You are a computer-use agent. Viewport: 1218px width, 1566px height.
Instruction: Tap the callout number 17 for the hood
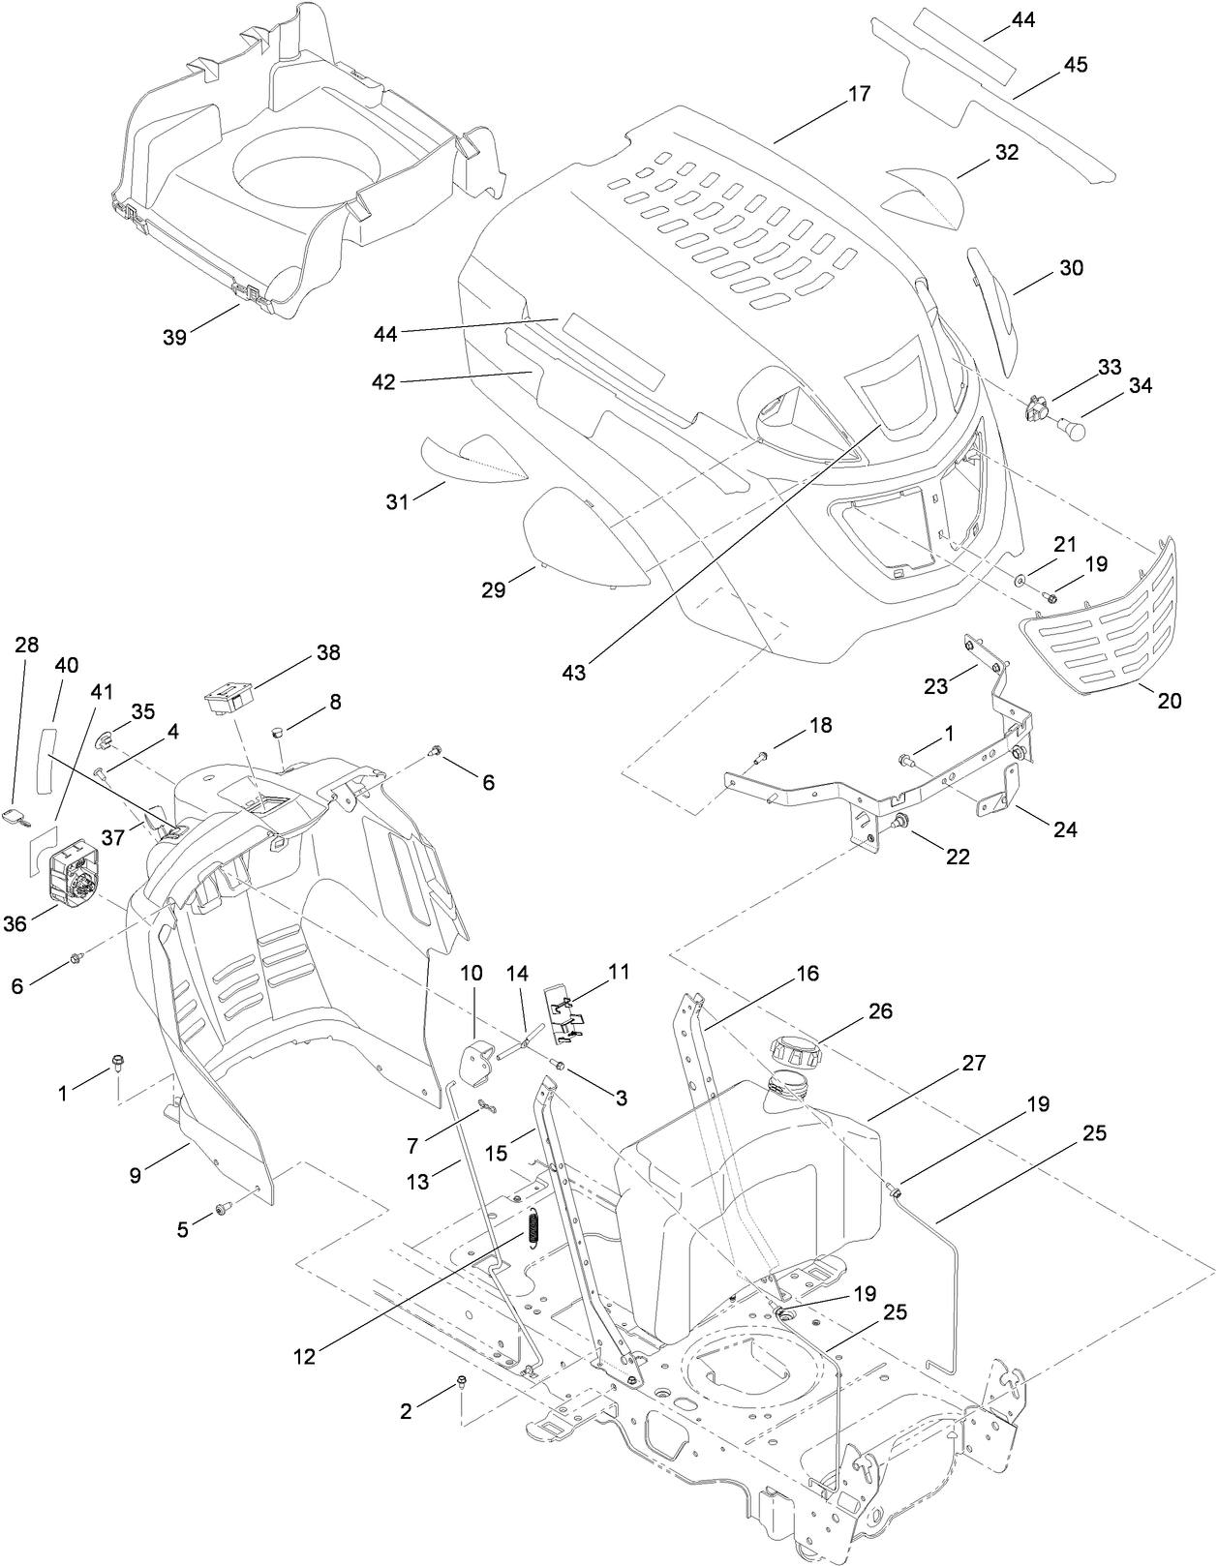point(859,94)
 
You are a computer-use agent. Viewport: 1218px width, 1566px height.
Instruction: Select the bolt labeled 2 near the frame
point(463,1383)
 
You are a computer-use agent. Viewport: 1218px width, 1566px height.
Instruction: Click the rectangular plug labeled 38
point(229,698)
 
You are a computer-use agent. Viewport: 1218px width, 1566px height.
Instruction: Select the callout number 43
point(573,672)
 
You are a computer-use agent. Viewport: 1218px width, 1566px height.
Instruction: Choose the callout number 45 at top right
point(1075,65)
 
